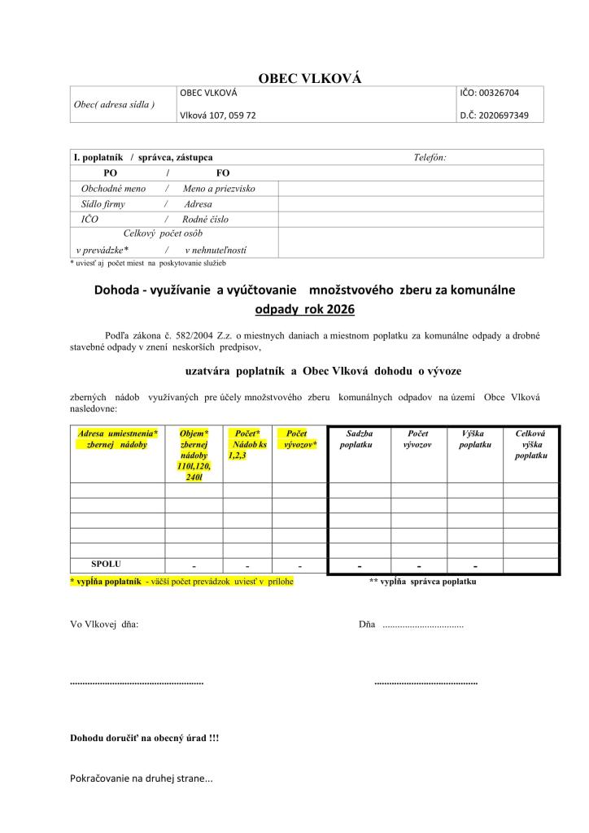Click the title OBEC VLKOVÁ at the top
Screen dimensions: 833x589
coord(309,78)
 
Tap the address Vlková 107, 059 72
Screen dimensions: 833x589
coord(217,116)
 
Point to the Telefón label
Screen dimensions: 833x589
coord(430,157)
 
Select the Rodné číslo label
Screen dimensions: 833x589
coord(206,220)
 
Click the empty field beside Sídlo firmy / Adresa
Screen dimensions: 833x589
coord(410,204)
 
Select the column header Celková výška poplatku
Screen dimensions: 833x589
coord(530,445)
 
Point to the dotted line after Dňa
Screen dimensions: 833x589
coord(422,625)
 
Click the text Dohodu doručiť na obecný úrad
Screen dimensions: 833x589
coord(145,739)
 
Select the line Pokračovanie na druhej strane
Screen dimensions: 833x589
coord(142,778)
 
